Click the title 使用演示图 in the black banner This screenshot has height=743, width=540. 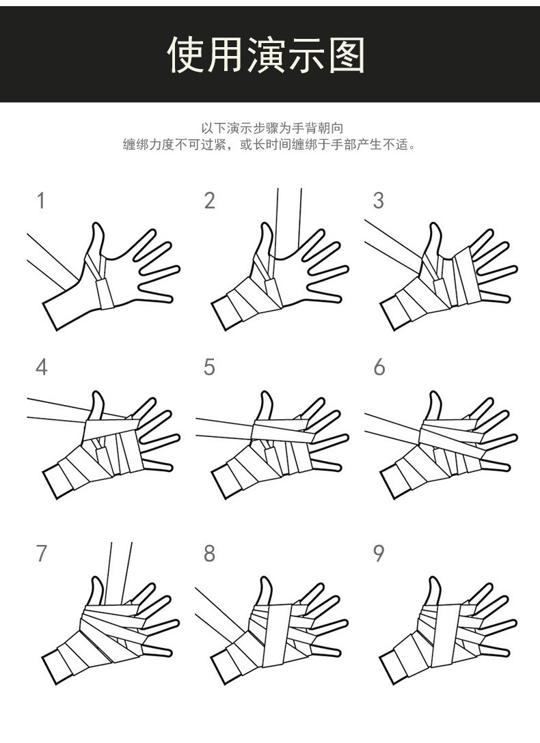point(267,55)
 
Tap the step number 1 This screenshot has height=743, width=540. point(41,201)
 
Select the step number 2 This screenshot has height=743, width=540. point(209,201)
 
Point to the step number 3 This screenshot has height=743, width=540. point(378,201)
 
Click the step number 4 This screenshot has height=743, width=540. point(41,367)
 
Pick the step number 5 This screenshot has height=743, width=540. point(209,367)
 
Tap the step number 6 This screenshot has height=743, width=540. point(379,367)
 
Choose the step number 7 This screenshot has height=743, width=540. point(41,553)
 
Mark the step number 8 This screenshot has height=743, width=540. point(209,553)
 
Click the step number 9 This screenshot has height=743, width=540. point(379,553)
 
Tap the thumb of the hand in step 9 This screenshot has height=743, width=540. point(434,591)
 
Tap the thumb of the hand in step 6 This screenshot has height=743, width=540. point(434,406)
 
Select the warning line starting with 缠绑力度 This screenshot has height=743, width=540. point(269,145)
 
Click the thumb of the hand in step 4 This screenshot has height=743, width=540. point(96,406)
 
